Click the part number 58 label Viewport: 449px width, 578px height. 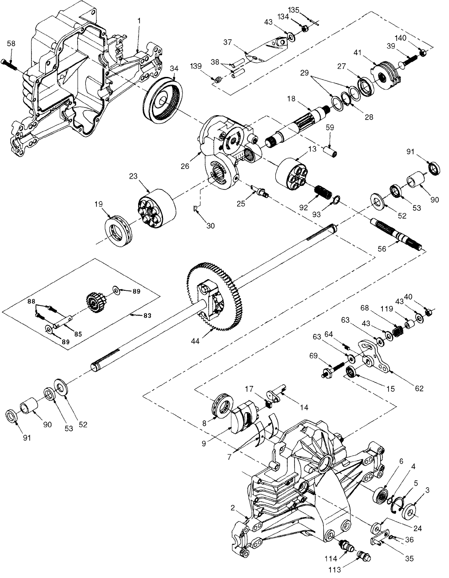(11, 43)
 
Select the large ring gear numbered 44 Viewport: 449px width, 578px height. (213, 296)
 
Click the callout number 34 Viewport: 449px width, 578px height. (174, 68)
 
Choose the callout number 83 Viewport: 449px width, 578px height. (147, 315)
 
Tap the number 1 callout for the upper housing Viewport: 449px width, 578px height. (139, 21)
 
